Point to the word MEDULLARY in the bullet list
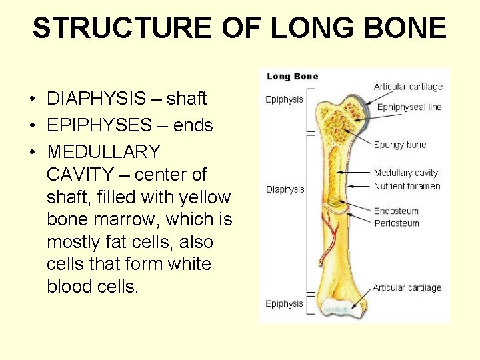pyautogui.click(x=103, y=152)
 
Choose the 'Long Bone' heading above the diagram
pyautogui.click(x=292, y=76)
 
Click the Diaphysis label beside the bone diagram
pyautogui.click(x=285, y=189)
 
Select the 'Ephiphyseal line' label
pyautogui.click(x=409, y=107)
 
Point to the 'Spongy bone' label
pyautogui.click(x=399, y=145)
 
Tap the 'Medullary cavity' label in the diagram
pyautogui.click(x=405, y=173)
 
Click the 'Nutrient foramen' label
pyautogui.click(x=407, y=186)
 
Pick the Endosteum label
pyautogui.click(x=396, y=211)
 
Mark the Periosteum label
pyautogui.click(x=396, y=223)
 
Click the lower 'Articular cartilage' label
pyautogui.click(x=407, y=288)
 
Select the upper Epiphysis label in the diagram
pyautogui.click(x=284, y=99)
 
